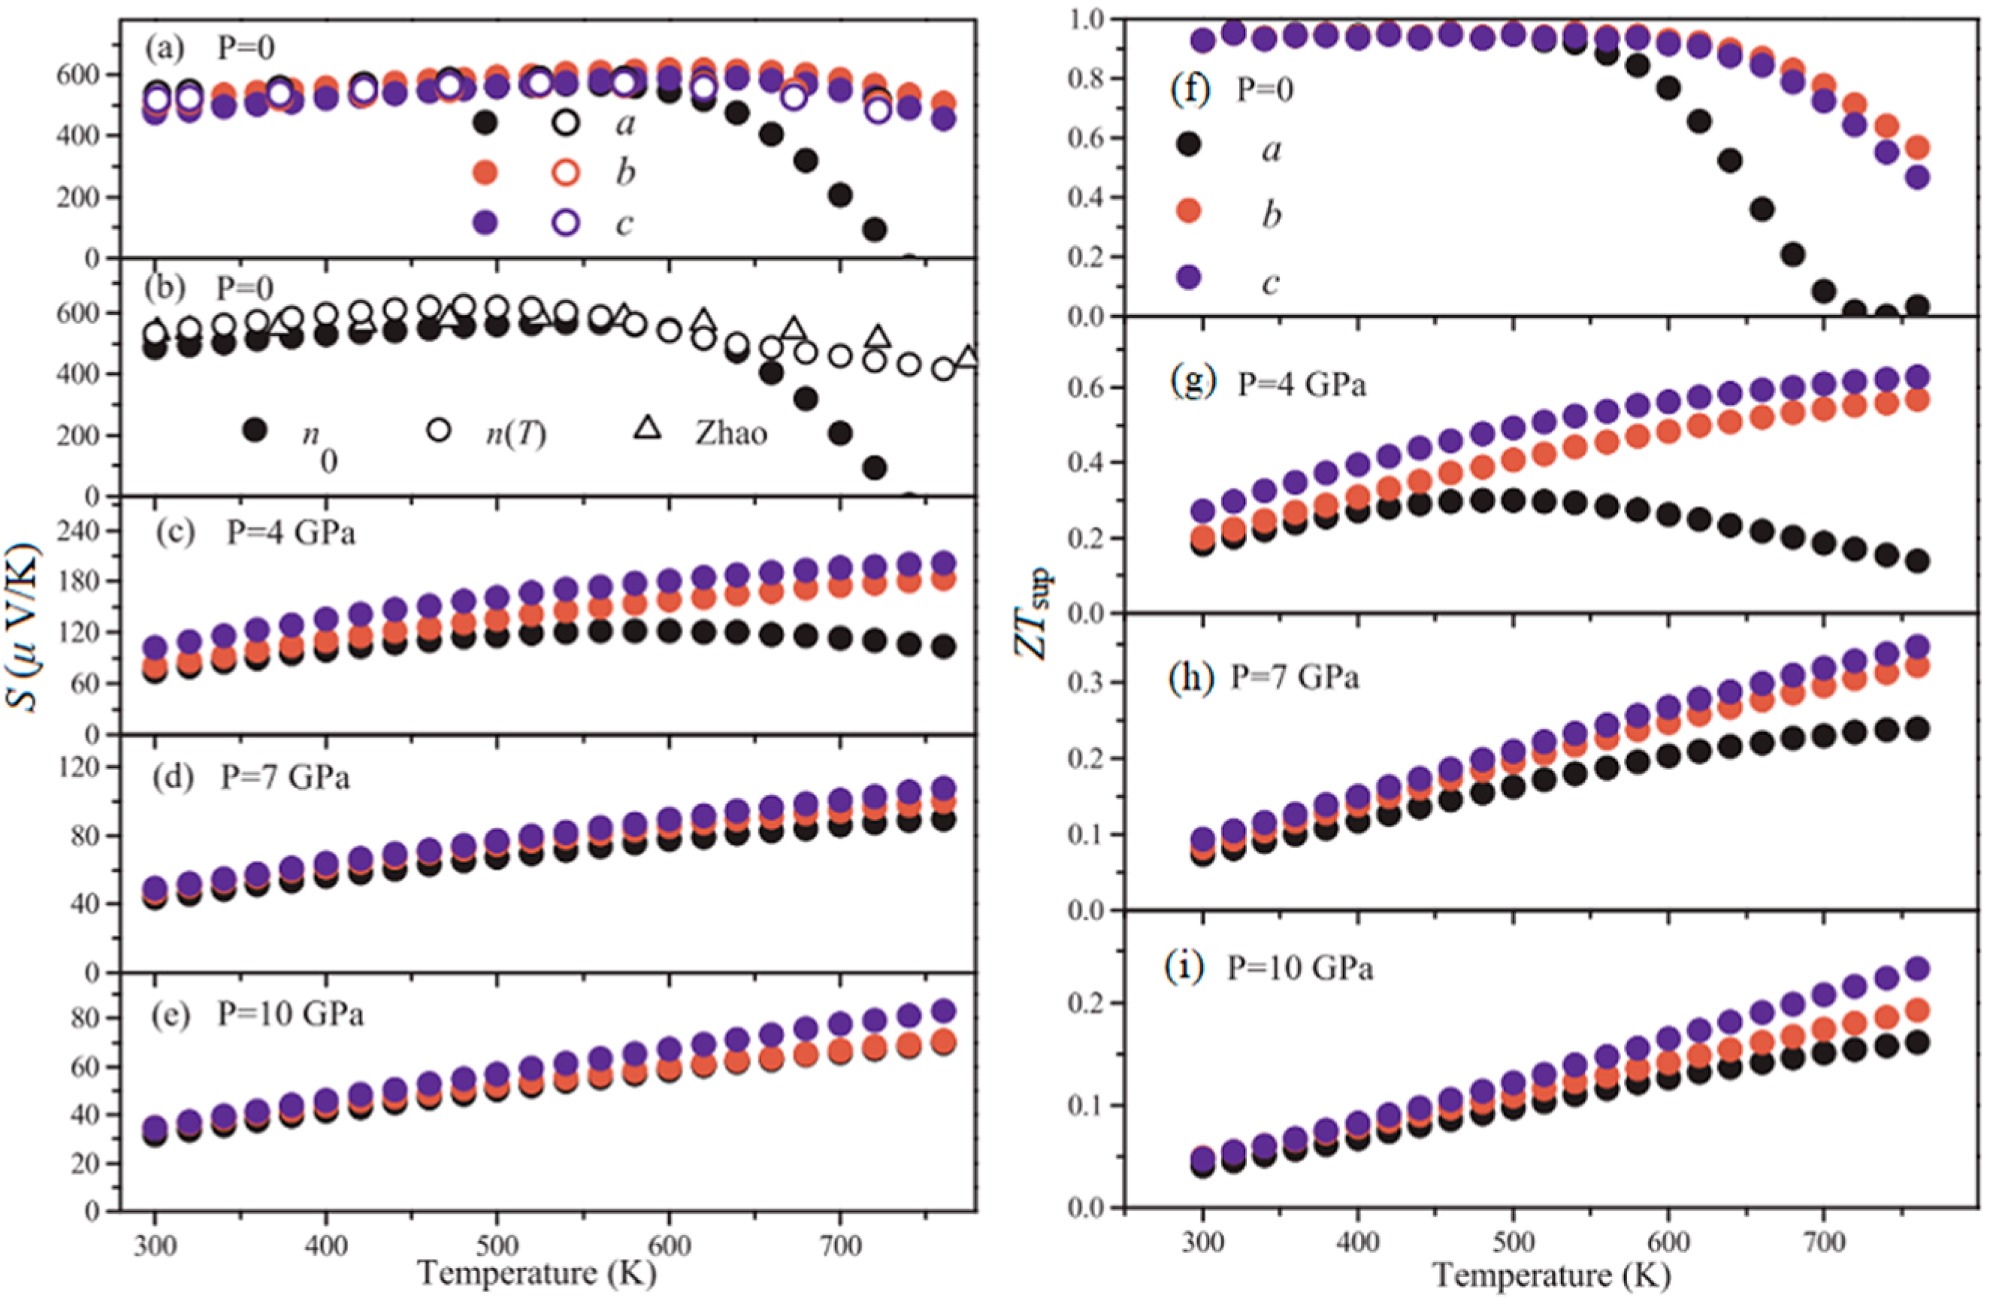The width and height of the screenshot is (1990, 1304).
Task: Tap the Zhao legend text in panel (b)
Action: (x=730, y=433)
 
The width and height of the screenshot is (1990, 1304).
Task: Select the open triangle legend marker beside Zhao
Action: (x=648, y=428)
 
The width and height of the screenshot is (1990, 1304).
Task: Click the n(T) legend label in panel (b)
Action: (x=517, y=433)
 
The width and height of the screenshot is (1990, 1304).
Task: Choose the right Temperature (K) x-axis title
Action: (x=1552, y=1275)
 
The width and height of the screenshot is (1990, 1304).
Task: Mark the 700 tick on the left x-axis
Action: (x=839, y=1245)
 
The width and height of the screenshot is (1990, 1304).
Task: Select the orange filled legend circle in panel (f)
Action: (x=1188, y=210)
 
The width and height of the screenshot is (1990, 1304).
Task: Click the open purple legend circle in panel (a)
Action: (x=566, y=222)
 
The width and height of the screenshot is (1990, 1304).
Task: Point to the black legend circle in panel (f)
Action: (x=1188, y=145)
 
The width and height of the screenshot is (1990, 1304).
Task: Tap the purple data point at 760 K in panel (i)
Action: (x=1918, y=969)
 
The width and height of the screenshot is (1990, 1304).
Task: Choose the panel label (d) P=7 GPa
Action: (x=251, y=777)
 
